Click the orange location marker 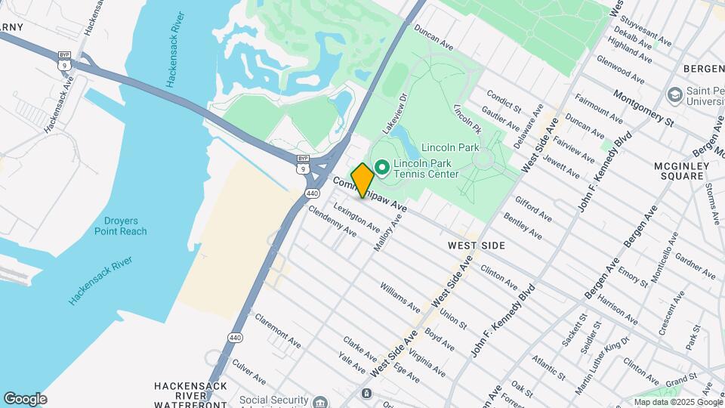click(362, 181)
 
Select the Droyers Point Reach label click(121, 226)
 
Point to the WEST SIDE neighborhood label click(476, 246)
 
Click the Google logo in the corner click(25, 399)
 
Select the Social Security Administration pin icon click(320, 400)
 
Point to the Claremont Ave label click(277, 331)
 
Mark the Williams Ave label click(400, 298)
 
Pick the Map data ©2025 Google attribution click(677, 402)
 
